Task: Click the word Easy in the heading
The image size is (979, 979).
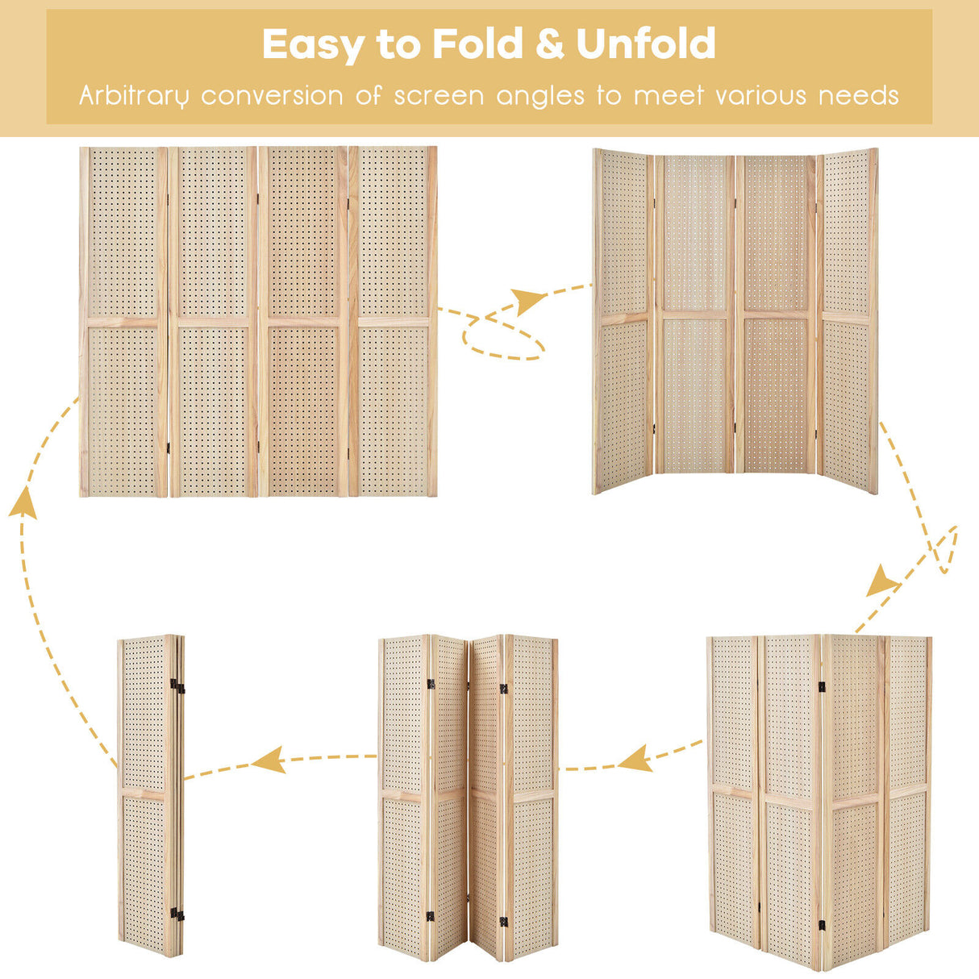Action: [313, 45]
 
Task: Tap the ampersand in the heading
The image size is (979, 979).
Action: [549, 44]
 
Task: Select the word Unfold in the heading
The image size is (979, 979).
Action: [646, 44]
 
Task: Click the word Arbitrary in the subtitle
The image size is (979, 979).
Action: [134, 96]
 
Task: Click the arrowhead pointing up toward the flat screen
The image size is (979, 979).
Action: [23, 502]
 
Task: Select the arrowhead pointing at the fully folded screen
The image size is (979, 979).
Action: [269, 760]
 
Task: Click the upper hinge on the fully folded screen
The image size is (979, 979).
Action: [177, 686]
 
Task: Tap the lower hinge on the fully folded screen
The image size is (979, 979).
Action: [177, 914]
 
